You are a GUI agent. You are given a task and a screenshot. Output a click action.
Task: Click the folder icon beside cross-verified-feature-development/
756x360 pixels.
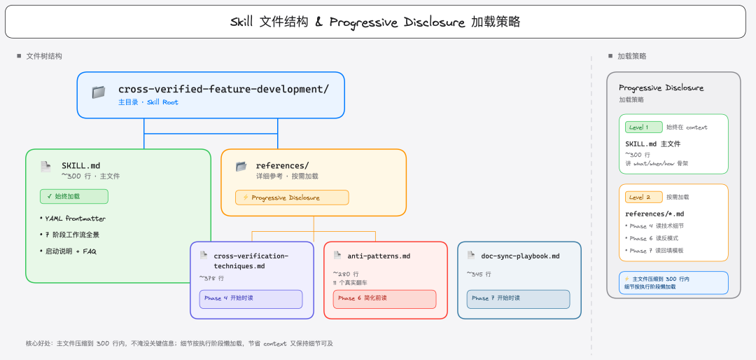(99, 92)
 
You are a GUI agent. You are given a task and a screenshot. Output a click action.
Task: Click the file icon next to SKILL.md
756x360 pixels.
(45, 167)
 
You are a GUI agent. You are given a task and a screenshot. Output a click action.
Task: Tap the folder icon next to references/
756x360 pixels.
(241, 167)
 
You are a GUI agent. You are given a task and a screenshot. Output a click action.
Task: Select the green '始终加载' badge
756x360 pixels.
(74, 197)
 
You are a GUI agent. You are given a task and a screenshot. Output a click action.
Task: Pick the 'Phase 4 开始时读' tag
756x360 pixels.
(251, 298)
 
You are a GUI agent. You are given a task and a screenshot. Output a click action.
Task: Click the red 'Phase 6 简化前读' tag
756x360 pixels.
(384, 298)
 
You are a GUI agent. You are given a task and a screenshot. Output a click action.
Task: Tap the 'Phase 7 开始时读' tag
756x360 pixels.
(518, 298)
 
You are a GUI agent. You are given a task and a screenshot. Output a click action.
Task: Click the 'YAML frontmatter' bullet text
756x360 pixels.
(75, 219)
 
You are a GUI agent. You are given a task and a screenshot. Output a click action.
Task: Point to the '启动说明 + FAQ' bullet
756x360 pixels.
(70, 251)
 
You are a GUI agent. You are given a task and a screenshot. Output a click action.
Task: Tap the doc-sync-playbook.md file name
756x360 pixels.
(520, 256)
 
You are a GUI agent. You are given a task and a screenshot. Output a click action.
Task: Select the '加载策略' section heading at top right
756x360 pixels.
(632, 56)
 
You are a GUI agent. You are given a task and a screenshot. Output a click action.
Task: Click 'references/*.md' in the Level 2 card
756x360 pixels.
(654, 214)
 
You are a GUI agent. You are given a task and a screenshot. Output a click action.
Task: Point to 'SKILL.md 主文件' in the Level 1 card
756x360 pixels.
(652, 144)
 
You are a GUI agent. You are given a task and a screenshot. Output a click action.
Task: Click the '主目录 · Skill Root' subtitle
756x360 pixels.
(148, 102)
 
